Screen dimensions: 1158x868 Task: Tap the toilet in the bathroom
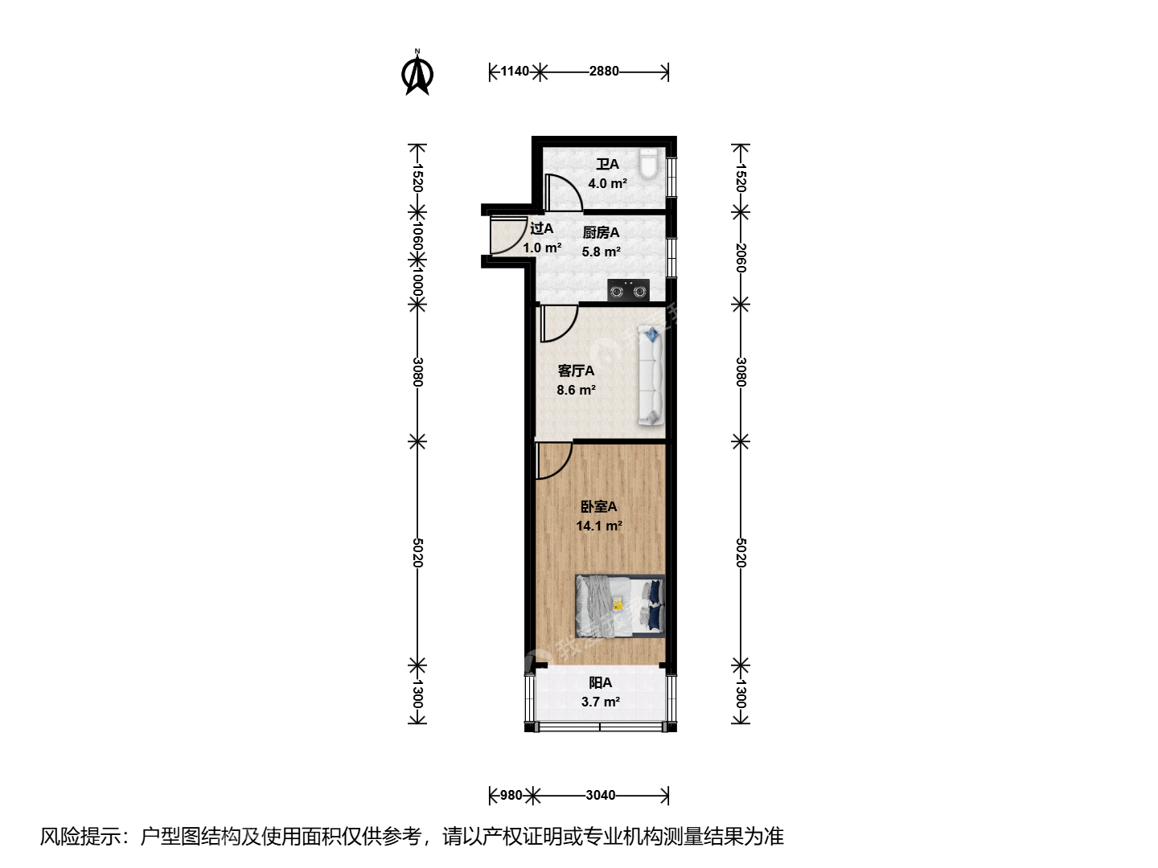click(648, 163)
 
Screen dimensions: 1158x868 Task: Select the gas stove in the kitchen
click(628, 290)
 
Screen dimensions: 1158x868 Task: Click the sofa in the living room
click(651, 375)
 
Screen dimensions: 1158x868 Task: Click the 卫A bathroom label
click(607, 165)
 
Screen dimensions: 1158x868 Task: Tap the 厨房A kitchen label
click(601, 232)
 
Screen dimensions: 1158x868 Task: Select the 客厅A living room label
click(576, 371)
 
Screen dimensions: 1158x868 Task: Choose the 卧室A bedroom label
click(599, 506)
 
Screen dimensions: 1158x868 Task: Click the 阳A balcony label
click(601, 683)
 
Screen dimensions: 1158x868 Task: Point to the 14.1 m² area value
click(599, 526)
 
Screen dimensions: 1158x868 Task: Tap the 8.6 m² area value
click(576, 390)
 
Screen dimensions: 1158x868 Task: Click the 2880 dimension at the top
click(604, 72)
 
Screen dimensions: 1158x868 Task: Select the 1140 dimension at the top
click(515, 72)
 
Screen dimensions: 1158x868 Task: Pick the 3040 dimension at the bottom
click(601, 796)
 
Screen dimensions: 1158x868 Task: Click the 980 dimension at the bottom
click(511, 796)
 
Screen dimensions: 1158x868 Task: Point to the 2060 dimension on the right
click(741, 258)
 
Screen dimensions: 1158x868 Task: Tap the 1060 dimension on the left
click(417, 236)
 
